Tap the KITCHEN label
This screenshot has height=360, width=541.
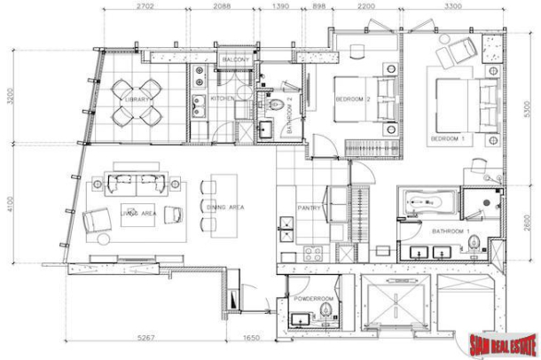click(x=222, y=99)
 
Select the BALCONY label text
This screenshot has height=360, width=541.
click(x=235, y=59)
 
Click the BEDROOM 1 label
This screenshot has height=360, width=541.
click(x=447, y=139)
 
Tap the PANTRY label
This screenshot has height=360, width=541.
click(x=309, y=208)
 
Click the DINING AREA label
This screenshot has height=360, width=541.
click(x=225, y=207)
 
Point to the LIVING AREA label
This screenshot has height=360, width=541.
click(x=138, y=213)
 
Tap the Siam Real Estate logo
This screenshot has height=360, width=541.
click(x=499, y=342)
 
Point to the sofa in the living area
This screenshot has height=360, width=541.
click(x=137, y=184)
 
